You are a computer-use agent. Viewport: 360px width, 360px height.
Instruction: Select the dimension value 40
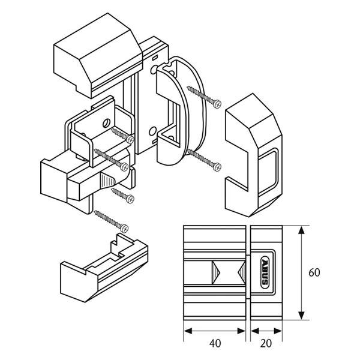[215, 344]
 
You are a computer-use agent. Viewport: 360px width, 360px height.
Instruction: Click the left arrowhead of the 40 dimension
[186, 331]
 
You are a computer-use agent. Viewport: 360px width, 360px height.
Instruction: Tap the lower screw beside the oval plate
[204, 158]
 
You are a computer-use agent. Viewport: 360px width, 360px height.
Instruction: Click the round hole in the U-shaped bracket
[106, 123]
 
